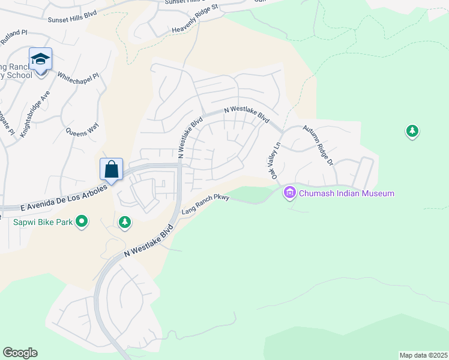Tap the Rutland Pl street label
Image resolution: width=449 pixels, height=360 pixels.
(x=14, y=37)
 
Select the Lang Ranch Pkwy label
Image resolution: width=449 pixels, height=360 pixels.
(x=205, y=203)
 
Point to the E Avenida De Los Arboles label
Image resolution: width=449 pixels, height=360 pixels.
(x=63, y=197)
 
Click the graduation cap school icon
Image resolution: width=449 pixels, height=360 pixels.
(x=40, y=59)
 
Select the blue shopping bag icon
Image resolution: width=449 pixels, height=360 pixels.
(x=112, y=169)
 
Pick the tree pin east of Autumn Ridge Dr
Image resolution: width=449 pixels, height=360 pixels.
(x=412, y=131)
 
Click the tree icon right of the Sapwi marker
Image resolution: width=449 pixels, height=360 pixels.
(x=125, y=223)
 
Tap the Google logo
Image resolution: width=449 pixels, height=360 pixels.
(x=20, y=353)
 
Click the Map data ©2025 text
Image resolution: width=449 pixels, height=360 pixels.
(x=423, y=355)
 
